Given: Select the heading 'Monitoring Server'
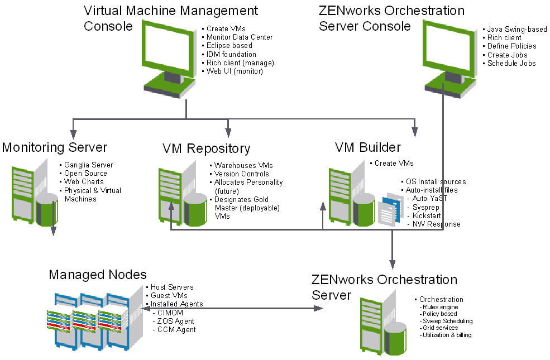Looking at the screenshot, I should [54, 147].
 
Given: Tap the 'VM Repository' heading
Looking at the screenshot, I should [206, 148].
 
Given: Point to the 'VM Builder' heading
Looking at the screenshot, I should [367, 147].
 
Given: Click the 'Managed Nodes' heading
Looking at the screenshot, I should [98, 274].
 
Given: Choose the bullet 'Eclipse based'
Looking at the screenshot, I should [229, 46].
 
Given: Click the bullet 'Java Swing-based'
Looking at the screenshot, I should [516, 30].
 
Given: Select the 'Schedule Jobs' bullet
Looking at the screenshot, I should [511, 64].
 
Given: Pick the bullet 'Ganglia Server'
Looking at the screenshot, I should [88, 165].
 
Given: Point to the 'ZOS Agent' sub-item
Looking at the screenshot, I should [176, 321].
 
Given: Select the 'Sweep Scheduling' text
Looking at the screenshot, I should [447, 321].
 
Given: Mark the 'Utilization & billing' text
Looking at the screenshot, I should [447, 335].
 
